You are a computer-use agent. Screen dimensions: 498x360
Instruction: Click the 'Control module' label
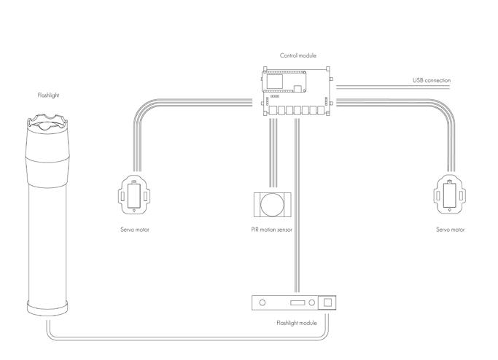[x=297, y=55]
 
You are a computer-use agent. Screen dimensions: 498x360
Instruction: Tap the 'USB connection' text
[x=432, y=79]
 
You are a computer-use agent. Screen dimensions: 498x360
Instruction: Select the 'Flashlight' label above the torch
[x=47, y=95]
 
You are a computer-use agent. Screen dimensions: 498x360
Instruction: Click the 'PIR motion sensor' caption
[x=271, y=230]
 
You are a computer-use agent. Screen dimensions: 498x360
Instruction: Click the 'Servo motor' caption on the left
[x=135, y=230]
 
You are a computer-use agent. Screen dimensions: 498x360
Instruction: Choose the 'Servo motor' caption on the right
[x=450, y=230]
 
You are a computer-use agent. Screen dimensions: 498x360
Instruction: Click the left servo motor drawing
[x=134, y=195]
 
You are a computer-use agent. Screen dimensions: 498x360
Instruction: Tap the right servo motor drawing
[x=449, y=195]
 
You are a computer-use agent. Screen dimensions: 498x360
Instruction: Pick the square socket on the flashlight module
[x=328, y=302]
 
